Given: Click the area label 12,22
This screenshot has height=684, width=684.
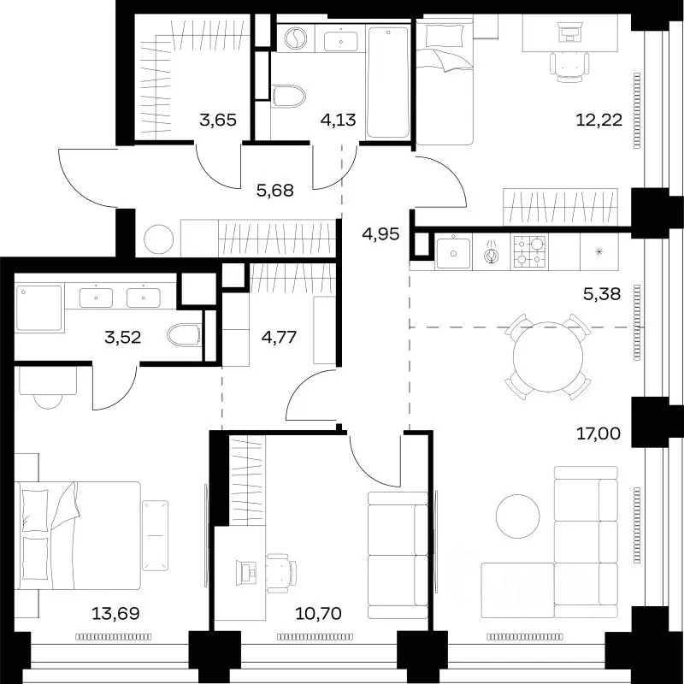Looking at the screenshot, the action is coord(598,119).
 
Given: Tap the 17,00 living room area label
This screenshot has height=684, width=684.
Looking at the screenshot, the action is coord(598,433).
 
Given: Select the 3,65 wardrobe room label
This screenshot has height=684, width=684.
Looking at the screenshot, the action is coord(218,119).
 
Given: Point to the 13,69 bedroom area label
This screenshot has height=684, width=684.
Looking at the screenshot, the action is coord(115,613).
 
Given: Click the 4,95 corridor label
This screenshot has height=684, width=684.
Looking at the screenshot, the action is coord(380,234).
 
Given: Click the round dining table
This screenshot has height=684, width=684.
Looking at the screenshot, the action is coord(548,357).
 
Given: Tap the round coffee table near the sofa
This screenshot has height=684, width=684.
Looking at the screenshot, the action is coord(518,516).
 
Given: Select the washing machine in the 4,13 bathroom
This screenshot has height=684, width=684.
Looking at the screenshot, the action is coord(295,38).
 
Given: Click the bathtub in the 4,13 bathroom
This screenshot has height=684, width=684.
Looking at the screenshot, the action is coord(388,82).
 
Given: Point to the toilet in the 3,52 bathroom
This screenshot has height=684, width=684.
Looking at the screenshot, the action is coord(184,335).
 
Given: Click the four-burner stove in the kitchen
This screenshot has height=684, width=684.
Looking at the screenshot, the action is coord(529,251).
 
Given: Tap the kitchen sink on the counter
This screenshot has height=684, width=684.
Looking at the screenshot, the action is coord(454,252).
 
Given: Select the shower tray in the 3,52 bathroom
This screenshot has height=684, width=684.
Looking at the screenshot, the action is coord(38,308).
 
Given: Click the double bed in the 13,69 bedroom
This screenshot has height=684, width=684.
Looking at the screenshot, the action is coord(78,536).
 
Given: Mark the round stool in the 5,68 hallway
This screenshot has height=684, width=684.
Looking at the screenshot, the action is coord(159,239).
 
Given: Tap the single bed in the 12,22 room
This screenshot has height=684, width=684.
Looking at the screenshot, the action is coord(445,80).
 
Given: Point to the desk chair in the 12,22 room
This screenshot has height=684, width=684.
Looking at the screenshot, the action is coord(569,67).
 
